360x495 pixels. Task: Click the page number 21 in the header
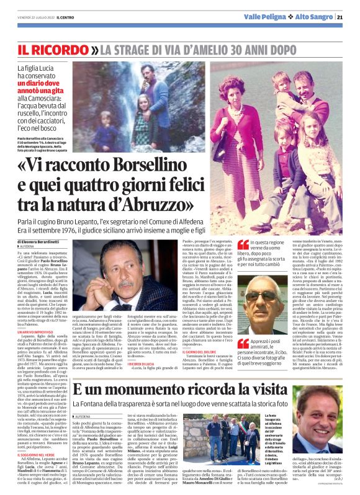[348, 16]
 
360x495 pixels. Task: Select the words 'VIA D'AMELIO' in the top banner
[193, 48]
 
